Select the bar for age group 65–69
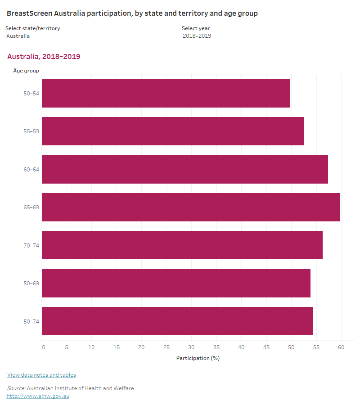pyautogui.click(x=190, y=207)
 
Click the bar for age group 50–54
pyautogui.click(x=166, y=93)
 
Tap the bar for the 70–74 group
pyautogui.click(x=182, y=245)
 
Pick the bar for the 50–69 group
pyautogui.click(x=176, y=283)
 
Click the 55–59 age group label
pyautogui.click(x=31, y=131)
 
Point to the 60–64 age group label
pyautogui.click(x=31, y=169)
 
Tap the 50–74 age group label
pyautogui.click(x=31, y=321)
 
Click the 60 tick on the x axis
pyautogui.click(x=341, y=347)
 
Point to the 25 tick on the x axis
pyautogui.click(x=166, y=347)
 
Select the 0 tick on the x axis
pyautogui.click(x=43, y=347)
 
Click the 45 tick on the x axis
pyautogui.click(x=266, y=347)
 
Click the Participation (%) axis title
pyautogui.click(x=198, y=358)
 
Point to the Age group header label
pyautogui.click(x=26, y=70)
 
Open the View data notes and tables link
pyautogui.click(x=41, y=375)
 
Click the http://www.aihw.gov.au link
pyautogui.click(x=38, y=396)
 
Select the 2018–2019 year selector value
pyautogui.click(x=197, y=36)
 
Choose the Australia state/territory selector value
pyautogui.click(x=18, y=36)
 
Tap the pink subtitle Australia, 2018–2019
pyautogui.click(x=44, y=57)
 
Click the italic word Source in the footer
pyautogui.click(x=16, y=388)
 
